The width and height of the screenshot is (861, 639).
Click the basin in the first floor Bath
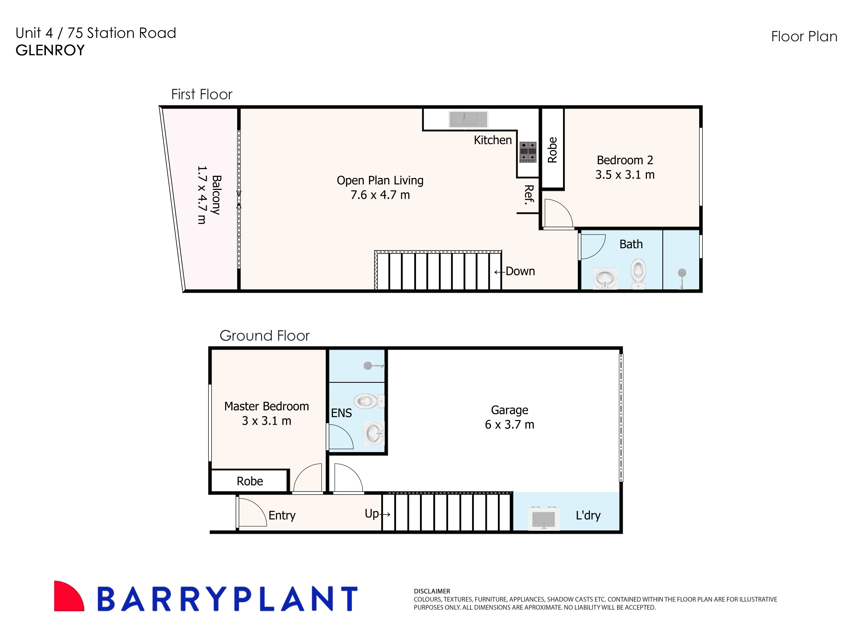click(x=605, y=278)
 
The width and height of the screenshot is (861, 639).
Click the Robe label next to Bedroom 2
click(x=552, y=150)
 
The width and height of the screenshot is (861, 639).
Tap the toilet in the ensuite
click(x=368, y=401)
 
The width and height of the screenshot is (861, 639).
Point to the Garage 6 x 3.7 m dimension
click(x=509, y=425)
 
